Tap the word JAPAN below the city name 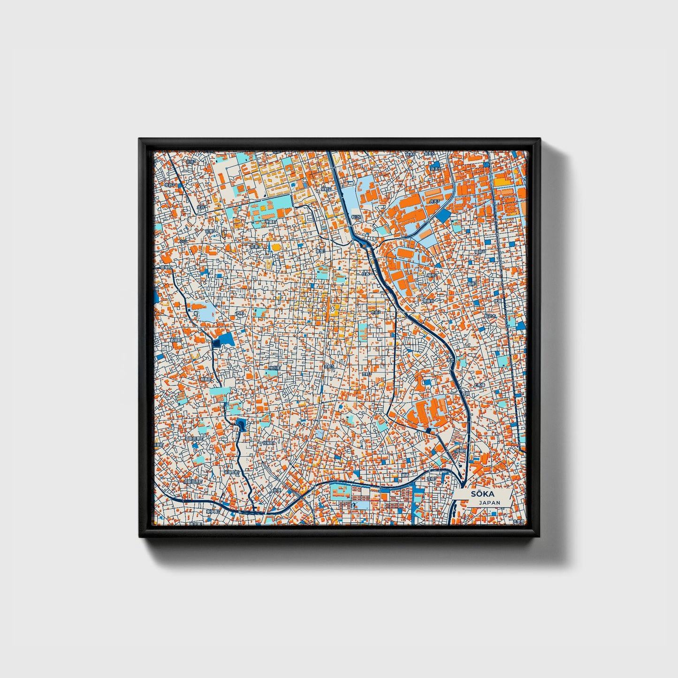(489, 503)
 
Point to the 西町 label (240, 313)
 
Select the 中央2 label (375, 312)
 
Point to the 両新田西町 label (193, 481)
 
